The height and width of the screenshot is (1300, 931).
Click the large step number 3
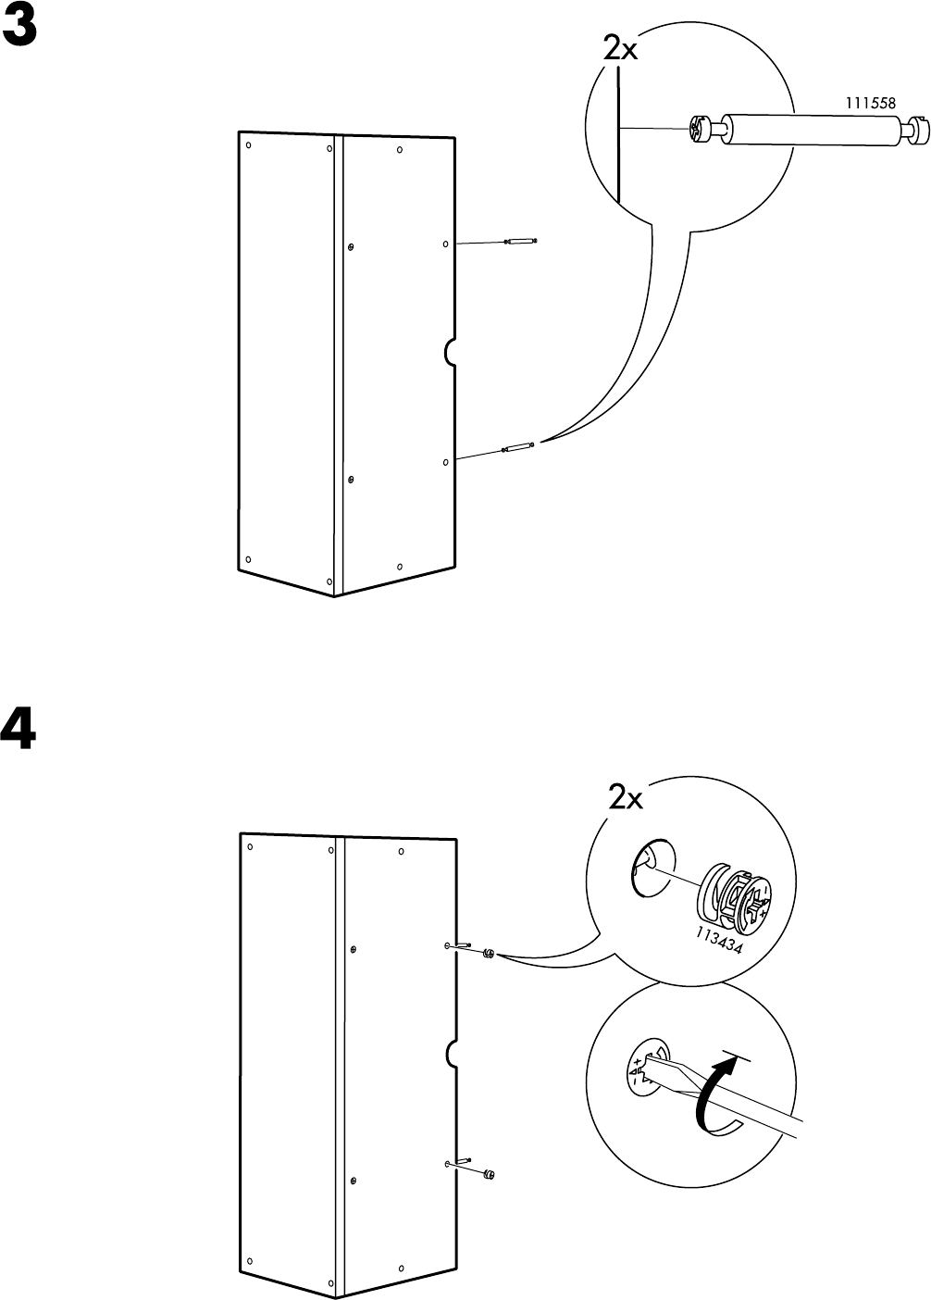click(x=19, y=31)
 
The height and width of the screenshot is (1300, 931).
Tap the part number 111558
click(x=870, y=104)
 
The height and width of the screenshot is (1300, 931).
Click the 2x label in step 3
click(x=620, y=50)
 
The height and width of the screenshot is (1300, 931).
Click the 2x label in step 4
click(x=626, y=798)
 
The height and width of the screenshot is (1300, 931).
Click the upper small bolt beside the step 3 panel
click(x=520, y=242)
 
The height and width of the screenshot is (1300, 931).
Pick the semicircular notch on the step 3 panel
click(x=450, y=352)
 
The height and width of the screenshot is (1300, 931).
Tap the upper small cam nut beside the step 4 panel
click(x=488, y=953)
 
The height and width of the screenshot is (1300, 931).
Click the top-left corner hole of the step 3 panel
click(x=248, y=144)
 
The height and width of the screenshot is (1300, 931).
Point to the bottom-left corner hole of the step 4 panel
click(x=249, y=1262)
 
